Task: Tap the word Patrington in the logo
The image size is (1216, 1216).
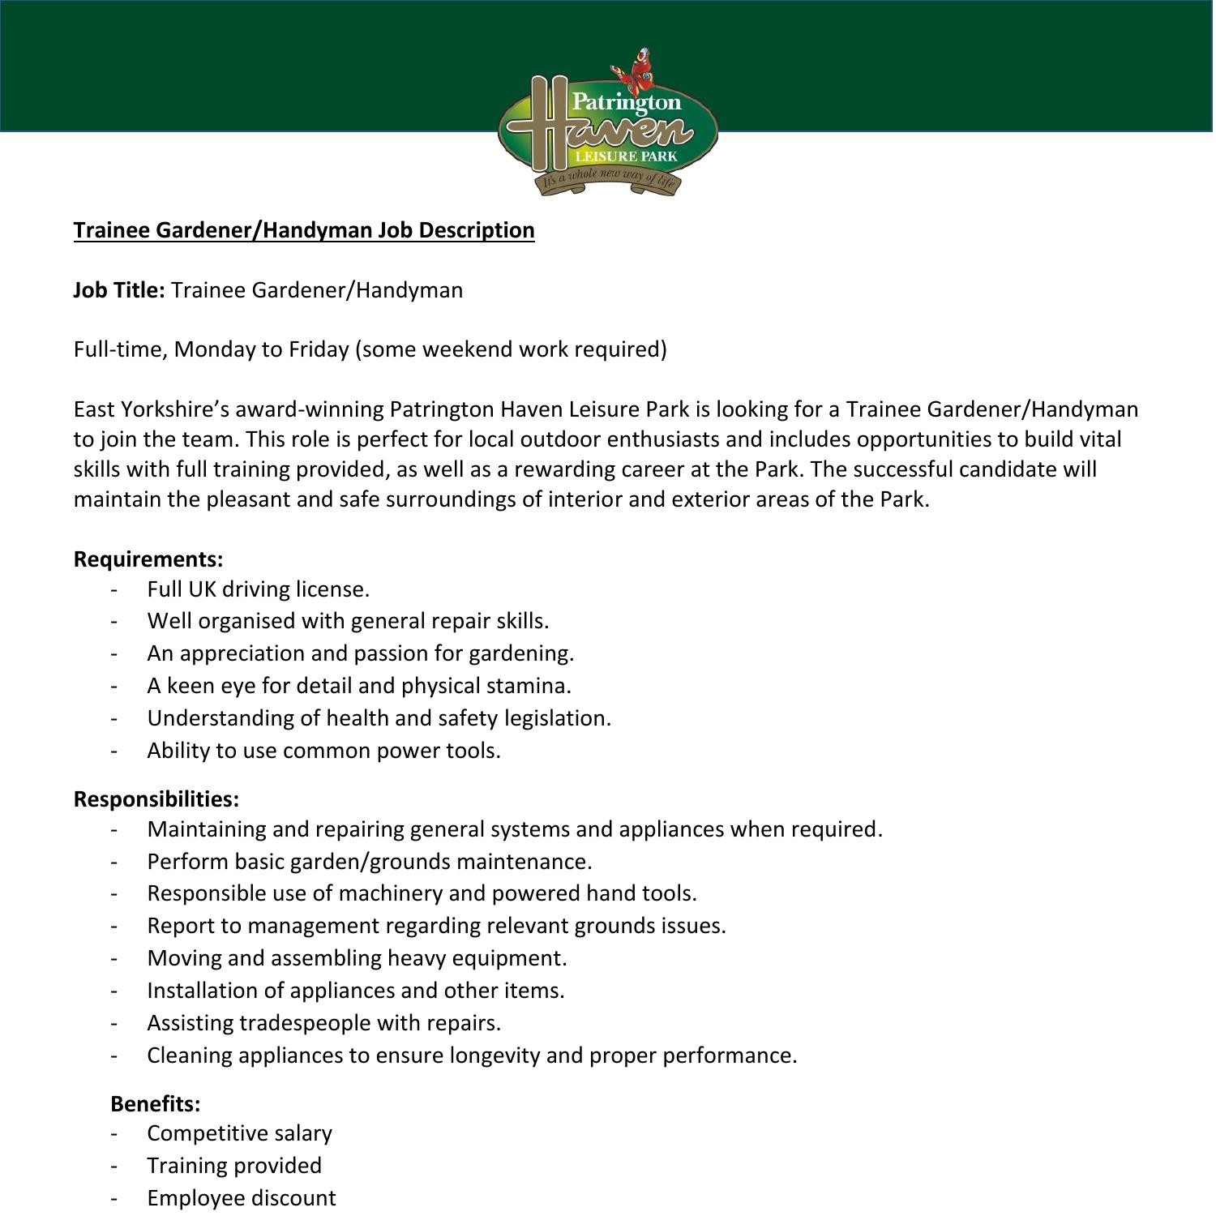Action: point(626,102)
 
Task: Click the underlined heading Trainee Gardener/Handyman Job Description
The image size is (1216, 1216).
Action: point(304,230)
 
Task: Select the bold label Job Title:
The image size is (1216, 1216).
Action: point(119,290)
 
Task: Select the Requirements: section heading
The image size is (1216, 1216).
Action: point(148,559)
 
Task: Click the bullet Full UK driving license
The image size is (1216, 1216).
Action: point(258,589)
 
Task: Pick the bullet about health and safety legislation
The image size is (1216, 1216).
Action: point(379,718)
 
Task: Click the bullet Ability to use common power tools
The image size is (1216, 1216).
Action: point(323,751)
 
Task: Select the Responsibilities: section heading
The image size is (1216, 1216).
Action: point(156,799)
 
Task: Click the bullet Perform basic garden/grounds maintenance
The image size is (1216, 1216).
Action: point(369,861)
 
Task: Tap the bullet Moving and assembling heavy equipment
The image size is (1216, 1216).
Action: point(357,958)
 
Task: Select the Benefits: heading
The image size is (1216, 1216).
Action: point(155,1104)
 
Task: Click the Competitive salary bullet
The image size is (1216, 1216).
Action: point(239,1133)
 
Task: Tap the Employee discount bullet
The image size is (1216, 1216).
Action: point(241,1198)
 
